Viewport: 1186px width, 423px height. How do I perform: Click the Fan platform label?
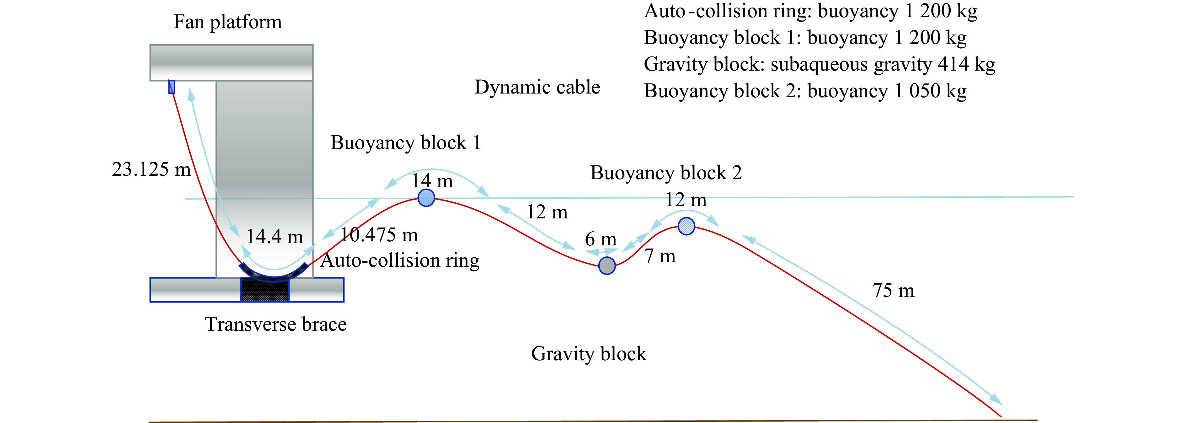tap(227, 22)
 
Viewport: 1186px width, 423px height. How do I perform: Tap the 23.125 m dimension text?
tap(151, 169)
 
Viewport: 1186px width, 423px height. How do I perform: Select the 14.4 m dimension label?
tap(275, 237)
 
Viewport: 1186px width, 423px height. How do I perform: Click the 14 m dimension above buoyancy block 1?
tap(432, 181)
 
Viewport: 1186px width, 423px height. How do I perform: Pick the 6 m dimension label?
tap(600, 239)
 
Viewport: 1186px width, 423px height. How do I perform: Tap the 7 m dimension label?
tap(660, 256)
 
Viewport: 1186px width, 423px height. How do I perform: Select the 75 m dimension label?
tap(893, 291)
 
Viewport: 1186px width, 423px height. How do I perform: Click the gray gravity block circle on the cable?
tap(607, 265)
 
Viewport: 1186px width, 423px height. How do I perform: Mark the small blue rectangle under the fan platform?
tap(172, 87)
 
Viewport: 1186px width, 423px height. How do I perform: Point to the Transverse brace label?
tap(275, 324)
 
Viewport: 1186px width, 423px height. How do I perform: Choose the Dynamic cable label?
tap(537, 87)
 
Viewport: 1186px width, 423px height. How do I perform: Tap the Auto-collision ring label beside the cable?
tap(400, 260)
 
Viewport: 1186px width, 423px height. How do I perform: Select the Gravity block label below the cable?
tap(589, 354)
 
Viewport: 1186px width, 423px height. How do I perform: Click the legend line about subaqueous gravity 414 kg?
tap(819, 64)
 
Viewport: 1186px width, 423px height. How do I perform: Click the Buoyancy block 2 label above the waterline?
tap(666, 173)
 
